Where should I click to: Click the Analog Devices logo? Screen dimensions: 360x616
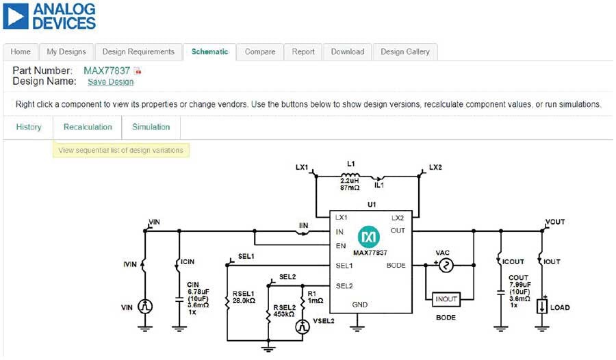(x=49, y=16)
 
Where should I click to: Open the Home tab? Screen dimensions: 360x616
(x=21, y=52)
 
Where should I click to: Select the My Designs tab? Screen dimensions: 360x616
(x=66, y=52)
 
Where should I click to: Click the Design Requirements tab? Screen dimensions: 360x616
(x=139, y=52)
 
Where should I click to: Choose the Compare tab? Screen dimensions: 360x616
(x=260, y=52)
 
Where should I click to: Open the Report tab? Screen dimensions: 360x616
(x=303, y=52)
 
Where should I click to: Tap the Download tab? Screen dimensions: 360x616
(x=348, y=52)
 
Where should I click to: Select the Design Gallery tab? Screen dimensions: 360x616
(x=405, y=52)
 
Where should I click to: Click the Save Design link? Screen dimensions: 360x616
(x=110, y=81)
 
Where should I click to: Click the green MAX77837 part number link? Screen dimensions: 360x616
(x=107, y=70)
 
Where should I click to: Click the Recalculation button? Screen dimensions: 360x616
(x=88, y=127)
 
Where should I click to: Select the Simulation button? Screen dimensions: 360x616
(x=151, y=127)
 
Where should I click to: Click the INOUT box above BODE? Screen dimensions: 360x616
(x=445, y=298)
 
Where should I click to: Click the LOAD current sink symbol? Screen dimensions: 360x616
(x=541, y=307)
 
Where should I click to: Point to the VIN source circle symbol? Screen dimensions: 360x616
(x=145, y=307)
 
